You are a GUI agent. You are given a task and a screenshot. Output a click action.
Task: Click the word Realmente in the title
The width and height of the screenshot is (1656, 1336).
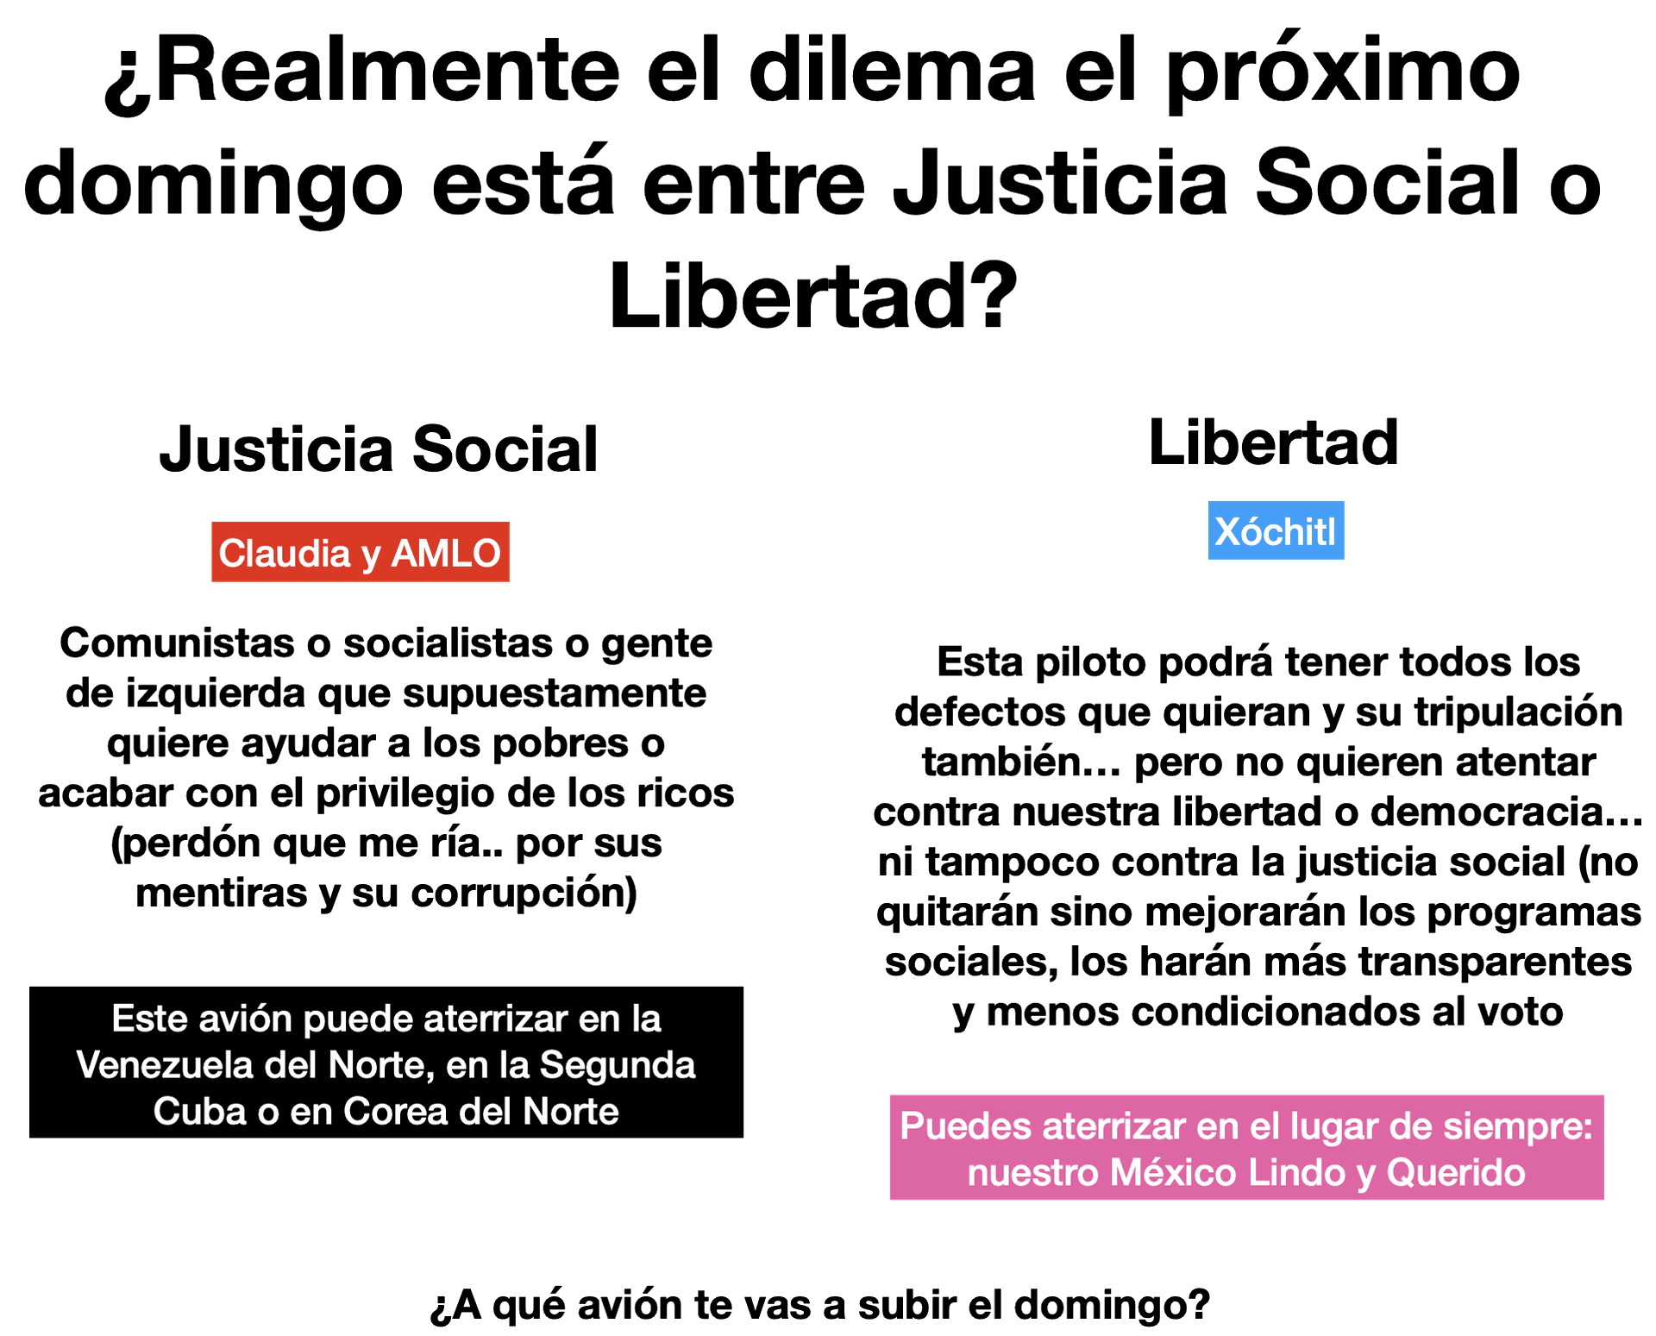click(387, 70)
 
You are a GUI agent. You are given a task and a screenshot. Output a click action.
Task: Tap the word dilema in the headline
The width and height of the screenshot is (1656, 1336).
click(897, 70)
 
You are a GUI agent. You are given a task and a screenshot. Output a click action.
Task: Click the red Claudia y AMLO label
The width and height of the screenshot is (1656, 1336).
click(360, 553)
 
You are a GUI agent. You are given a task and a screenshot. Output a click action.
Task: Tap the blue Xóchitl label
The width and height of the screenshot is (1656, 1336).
click(1276, 530)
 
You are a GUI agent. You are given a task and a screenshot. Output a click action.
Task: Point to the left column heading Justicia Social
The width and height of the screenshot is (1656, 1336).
click(379, 449)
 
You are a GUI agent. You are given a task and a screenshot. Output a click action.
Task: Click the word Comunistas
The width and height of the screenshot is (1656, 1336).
click(178, 643)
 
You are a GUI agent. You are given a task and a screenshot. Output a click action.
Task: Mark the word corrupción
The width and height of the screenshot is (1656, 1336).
click(524, 894)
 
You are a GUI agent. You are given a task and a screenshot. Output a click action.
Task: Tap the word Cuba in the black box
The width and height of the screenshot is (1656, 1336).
click(198, 1111)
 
